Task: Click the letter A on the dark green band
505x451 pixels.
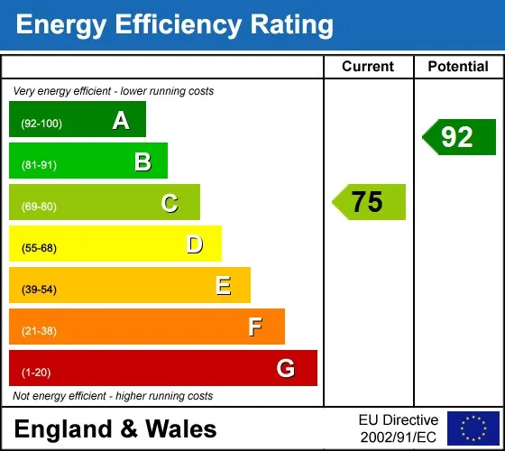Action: click(121, 121)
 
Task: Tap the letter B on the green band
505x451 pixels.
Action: click(142, 161)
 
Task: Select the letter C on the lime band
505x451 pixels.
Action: click(170, 203)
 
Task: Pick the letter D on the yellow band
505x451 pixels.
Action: click(195, 244)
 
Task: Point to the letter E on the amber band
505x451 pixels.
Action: click(224, 286)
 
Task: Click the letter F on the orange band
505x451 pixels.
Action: click(255, 327)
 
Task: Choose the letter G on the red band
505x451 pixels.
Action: click(286, 368)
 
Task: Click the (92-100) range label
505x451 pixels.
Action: click(41, 124)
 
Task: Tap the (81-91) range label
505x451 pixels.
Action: click(39, 165)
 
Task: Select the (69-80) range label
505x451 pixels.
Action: click(39, 207)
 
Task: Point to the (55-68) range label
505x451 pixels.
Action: click(39, 248)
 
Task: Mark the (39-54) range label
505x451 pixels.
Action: click(39, 290)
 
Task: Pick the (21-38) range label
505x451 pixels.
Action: click(39, 331)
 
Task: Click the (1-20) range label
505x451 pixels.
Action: click(36, 373)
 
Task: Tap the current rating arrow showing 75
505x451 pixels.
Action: click(369, 202)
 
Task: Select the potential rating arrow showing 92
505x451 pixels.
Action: click(459, 137)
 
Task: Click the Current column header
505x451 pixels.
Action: click(368, 67)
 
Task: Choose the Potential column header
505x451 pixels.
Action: click(458, 67)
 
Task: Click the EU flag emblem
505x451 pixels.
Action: click(473, 428)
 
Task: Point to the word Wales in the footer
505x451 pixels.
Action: click(181, 429)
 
